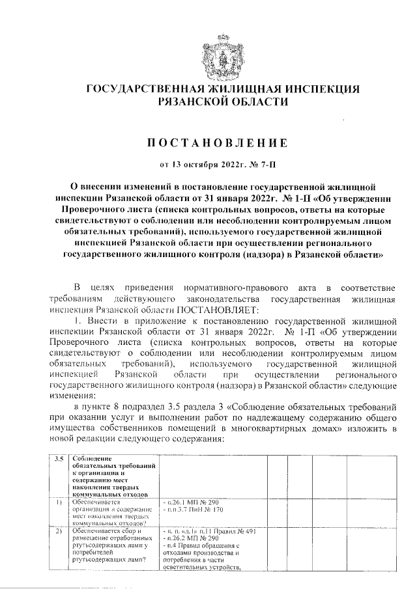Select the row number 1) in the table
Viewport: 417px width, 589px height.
[59, 502]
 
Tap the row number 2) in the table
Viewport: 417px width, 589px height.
[59, 532]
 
